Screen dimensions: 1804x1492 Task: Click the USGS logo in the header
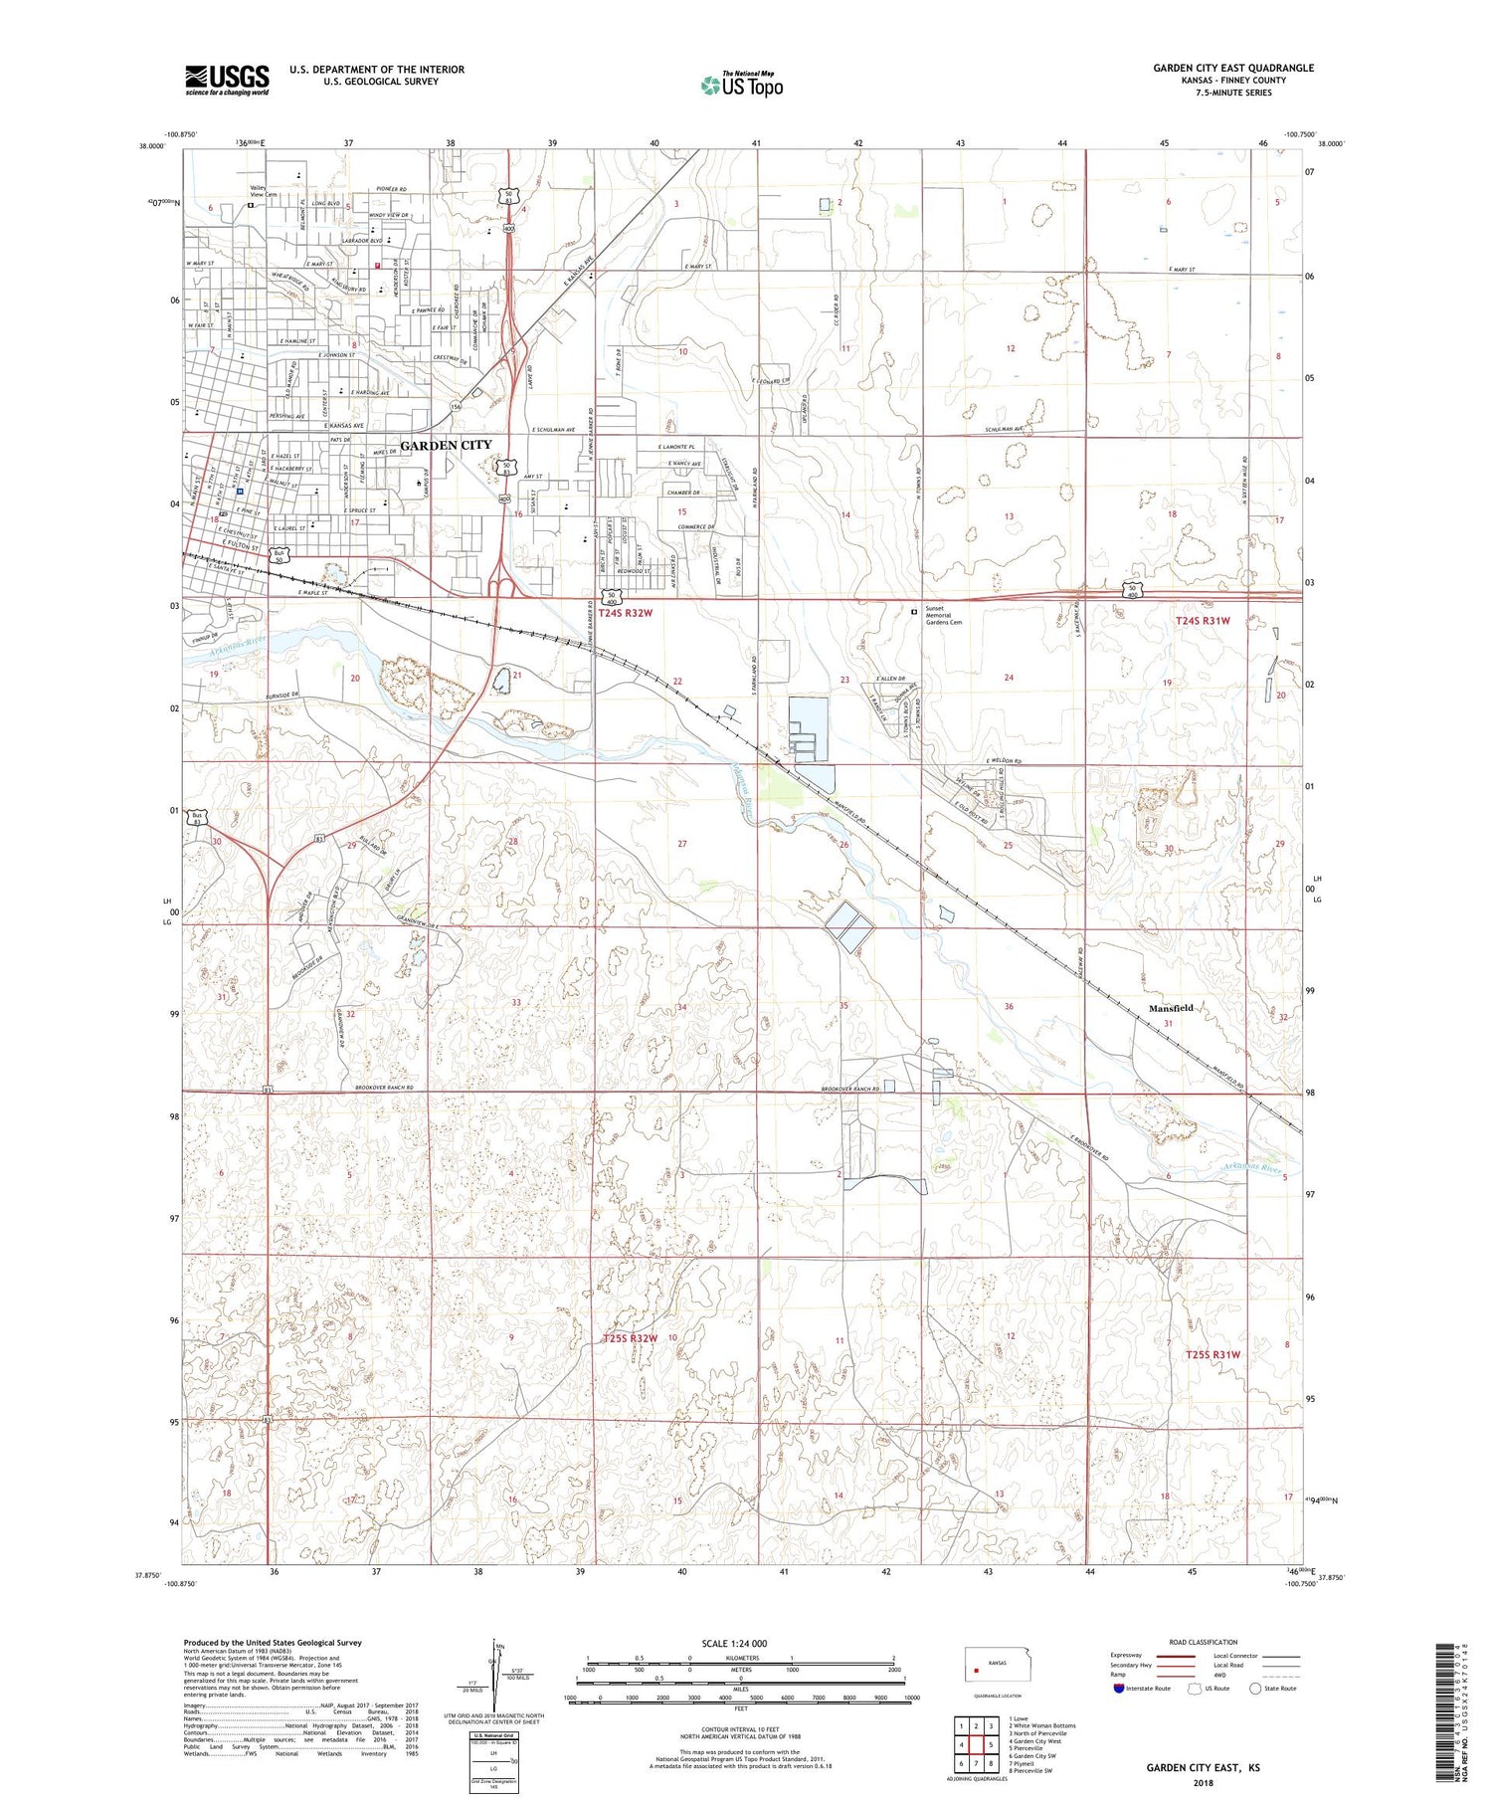[227, 80]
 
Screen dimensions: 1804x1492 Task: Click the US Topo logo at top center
[741, 85]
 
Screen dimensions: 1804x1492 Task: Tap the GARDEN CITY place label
[446, 445]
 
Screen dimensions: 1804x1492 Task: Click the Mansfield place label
[1171, 1008]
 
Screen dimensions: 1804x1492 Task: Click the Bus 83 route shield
[197, 818]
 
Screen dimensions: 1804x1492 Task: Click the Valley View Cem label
[264, 191]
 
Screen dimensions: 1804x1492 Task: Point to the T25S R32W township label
[630, 1338]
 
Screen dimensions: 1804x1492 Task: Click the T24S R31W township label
[1203, 620]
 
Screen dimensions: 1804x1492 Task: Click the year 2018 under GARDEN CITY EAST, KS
[1203, 1775]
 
